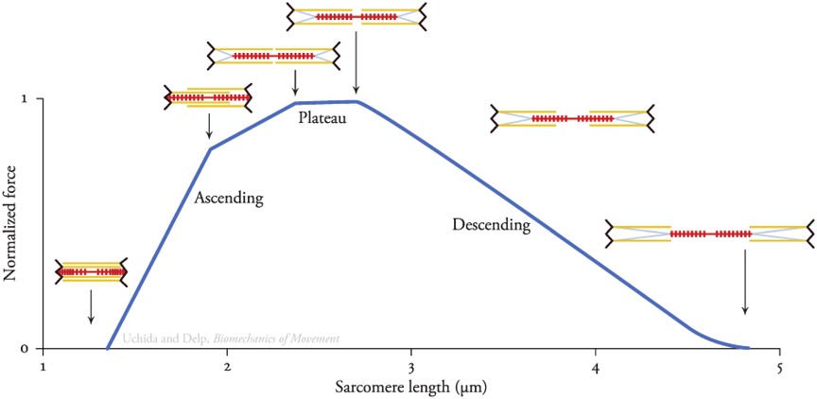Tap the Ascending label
(227, 199)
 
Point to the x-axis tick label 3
(410, 366)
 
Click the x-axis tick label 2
(227, 366)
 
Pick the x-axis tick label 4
(595, 366)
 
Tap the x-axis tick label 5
(779, 366)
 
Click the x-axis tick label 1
(43, 366)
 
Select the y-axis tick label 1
(26, 98)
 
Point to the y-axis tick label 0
(26, 348)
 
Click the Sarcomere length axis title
(409, 387)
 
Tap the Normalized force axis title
(11, 224)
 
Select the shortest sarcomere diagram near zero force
(91, 271)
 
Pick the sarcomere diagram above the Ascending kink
(208, 96)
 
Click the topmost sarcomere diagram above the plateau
(356, 16)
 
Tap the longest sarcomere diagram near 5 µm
(709, 233)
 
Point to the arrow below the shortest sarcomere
(91, 306)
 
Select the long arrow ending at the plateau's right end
(356, 62)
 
